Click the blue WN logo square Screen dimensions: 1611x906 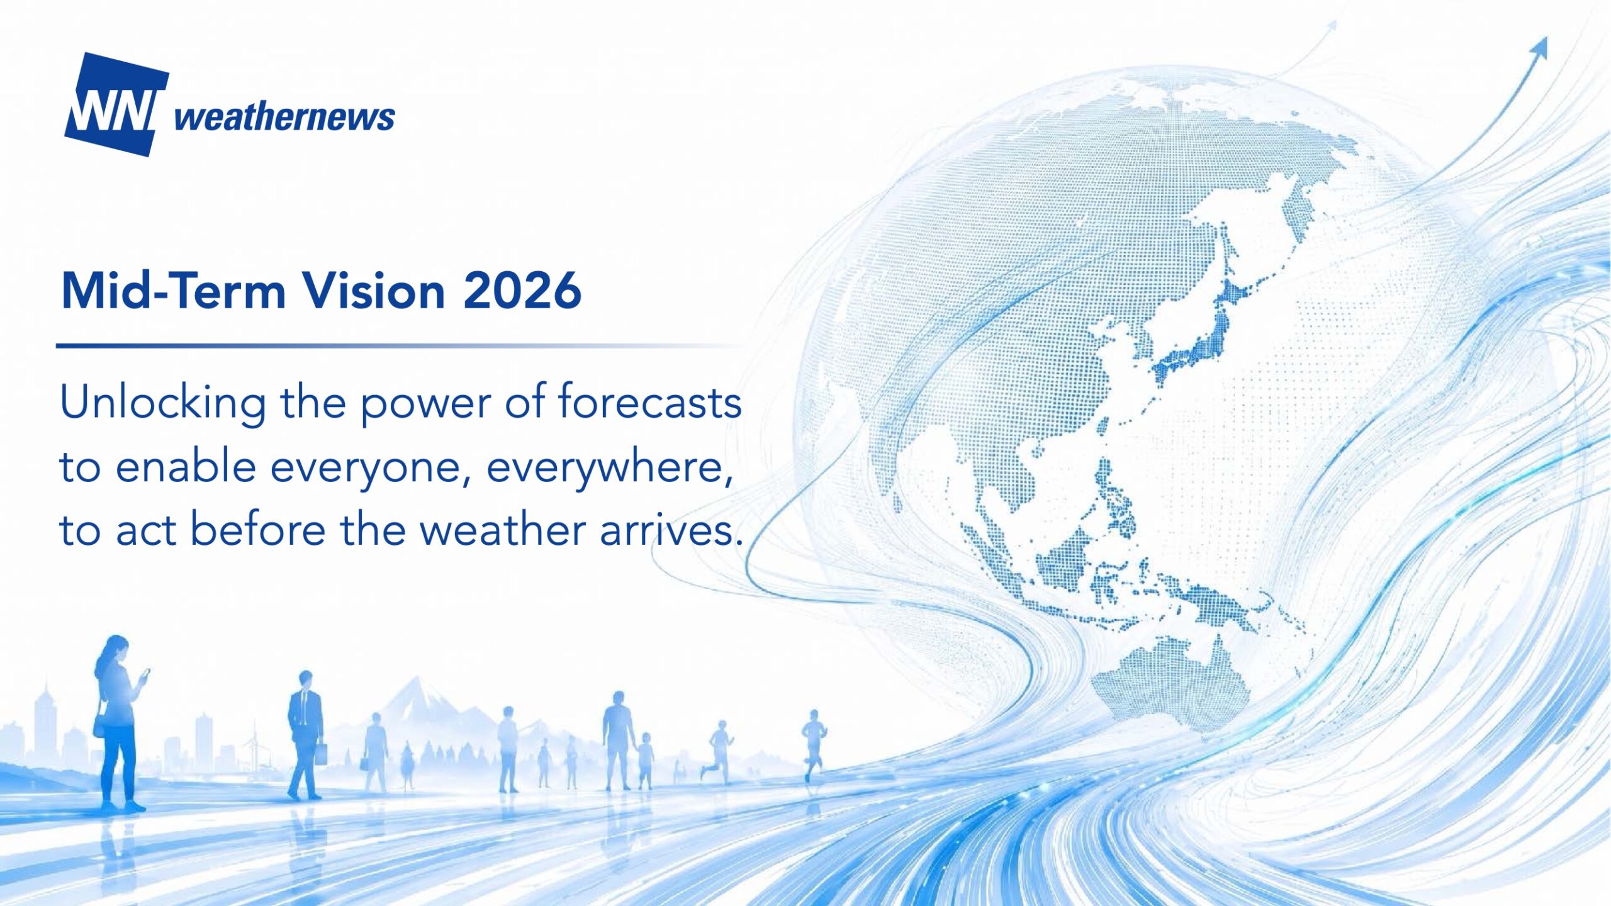pyautogui.click(x=116, y=104)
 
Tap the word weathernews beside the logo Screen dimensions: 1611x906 pyautogui.click(x=284, y=117)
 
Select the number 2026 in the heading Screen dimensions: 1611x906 pyautogui.click(x=522, y=291)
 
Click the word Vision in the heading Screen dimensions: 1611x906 pyautogui.click(x=375, y=291)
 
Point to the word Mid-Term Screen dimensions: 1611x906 pyautogui.click(x=174, y=291)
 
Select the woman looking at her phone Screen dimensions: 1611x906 pyautogui.click(x=120, y=724)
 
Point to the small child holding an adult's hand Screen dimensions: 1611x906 pyautogui.click(x=644, y=761)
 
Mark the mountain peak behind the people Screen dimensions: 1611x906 pyautogui.click(x=415, y=681)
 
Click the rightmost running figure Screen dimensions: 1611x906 pyautogui.click(x=813, y=746)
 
